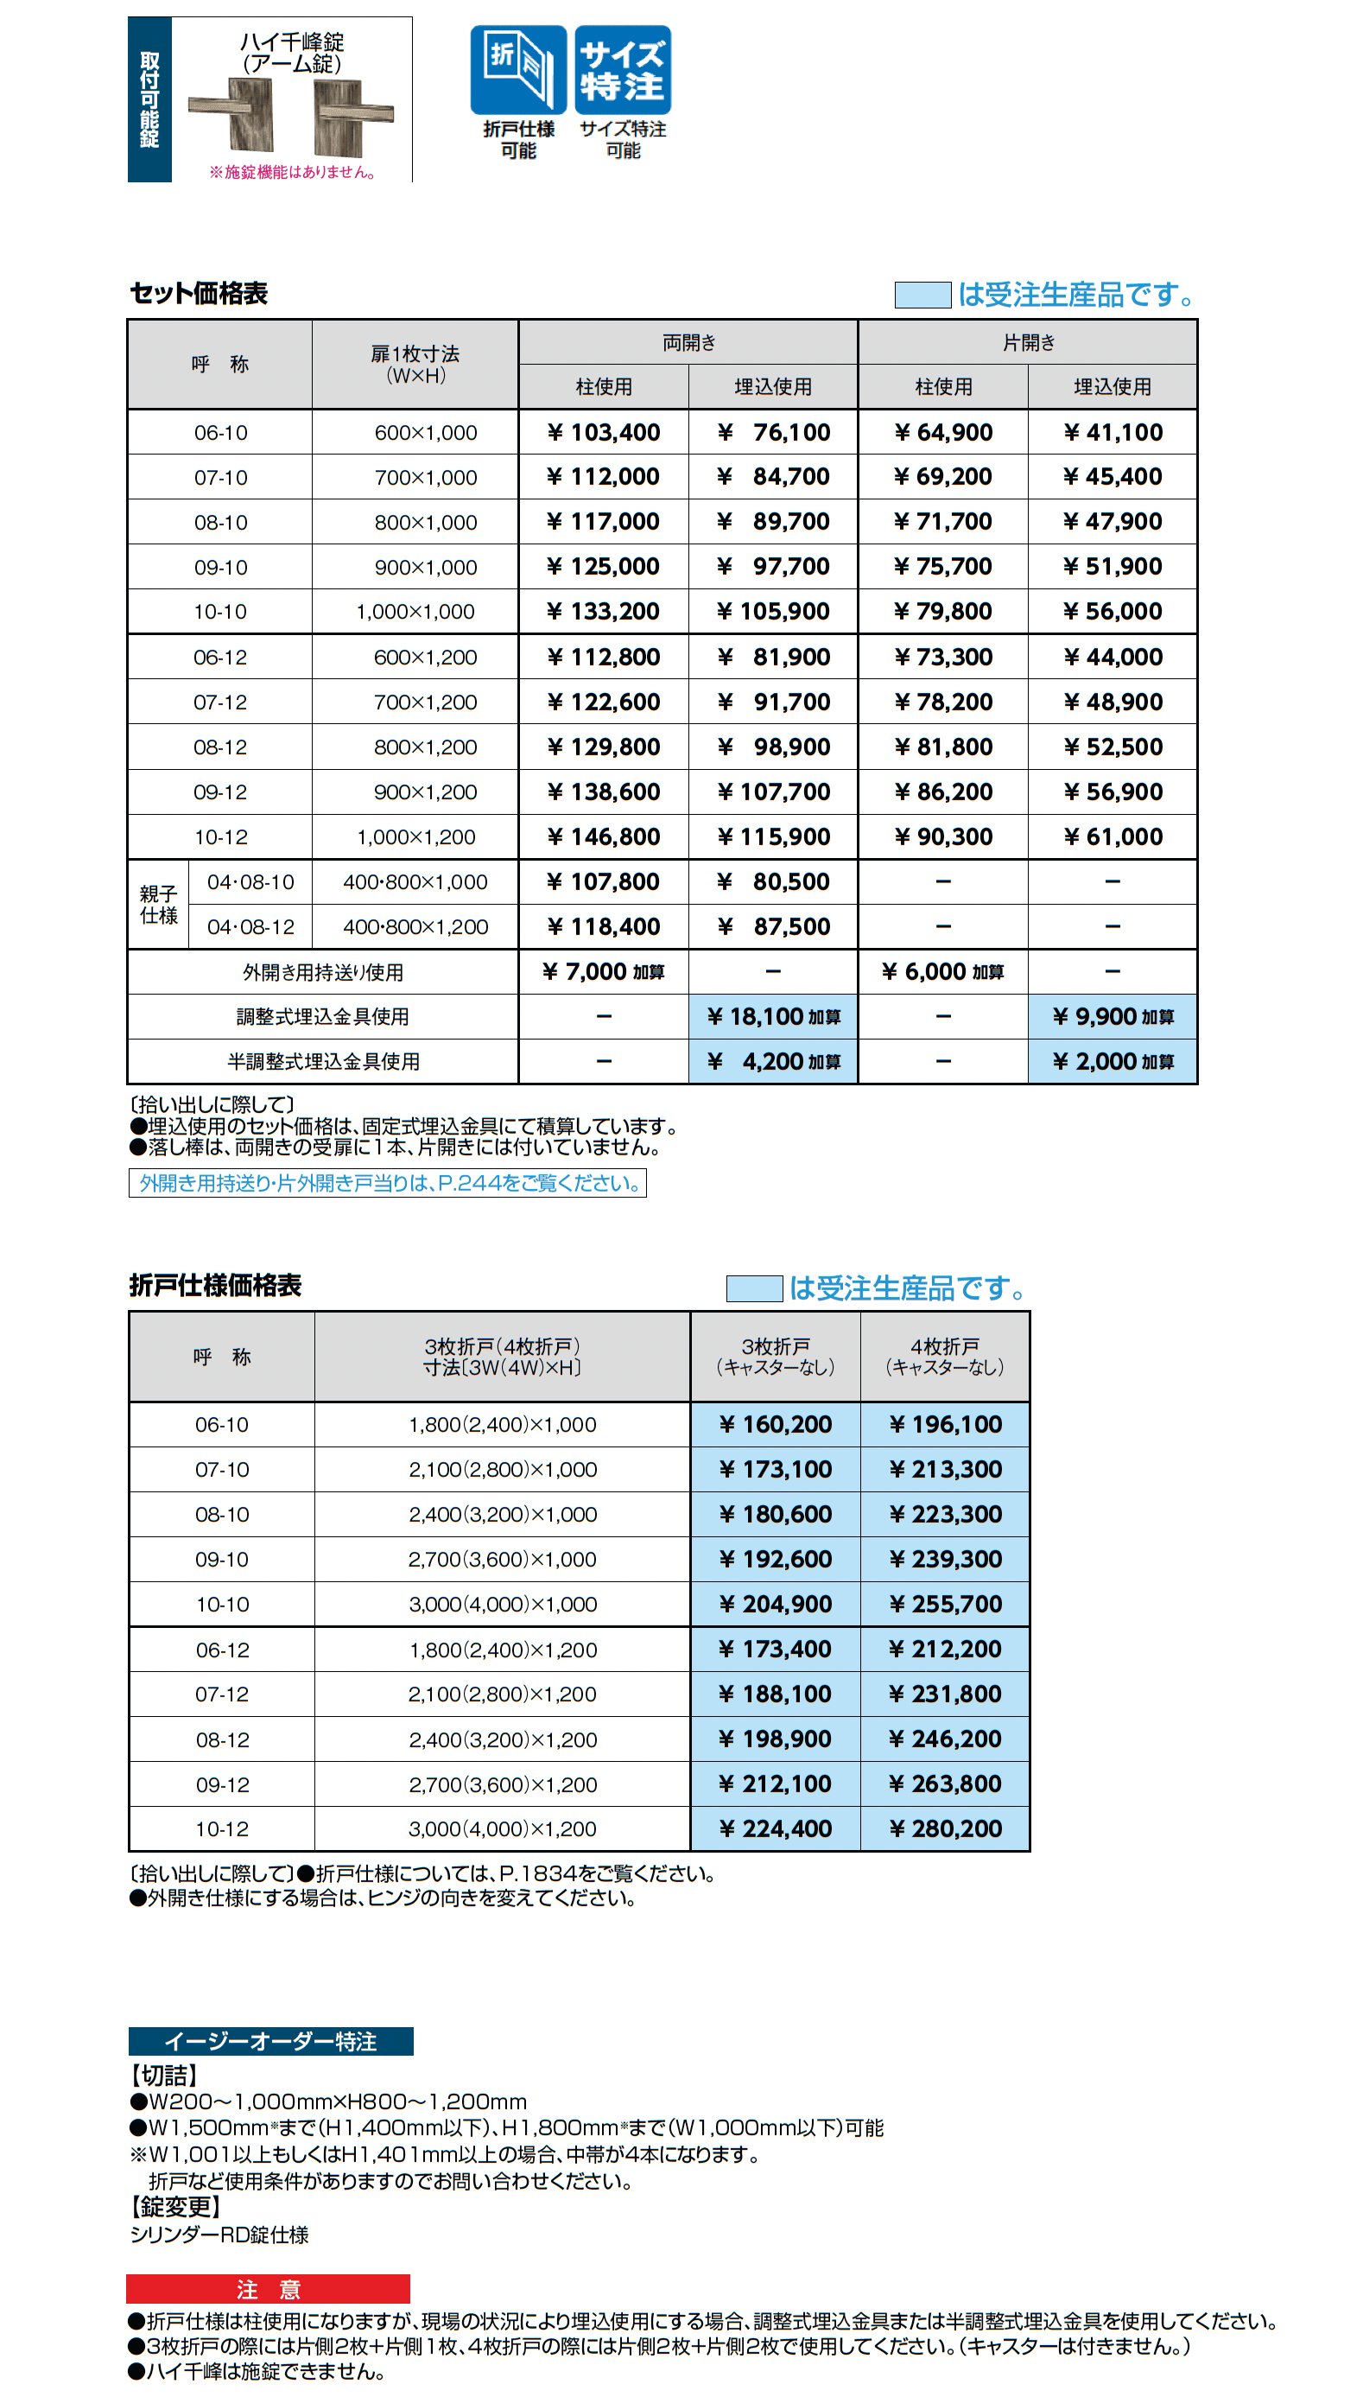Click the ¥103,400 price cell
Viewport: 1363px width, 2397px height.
604,433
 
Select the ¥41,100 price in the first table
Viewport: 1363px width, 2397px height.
1113,433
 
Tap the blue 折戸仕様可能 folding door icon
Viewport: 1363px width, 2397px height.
517,70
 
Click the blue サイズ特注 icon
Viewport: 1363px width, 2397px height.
623,70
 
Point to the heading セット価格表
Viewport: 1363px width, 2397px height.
200,294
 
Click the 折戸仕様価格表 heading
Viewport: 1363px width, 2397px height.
215,1286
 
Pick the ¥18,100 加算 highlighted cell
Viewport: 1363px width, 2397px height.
773,1017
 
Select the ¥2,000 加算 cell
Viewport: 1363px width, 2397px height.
1113,1062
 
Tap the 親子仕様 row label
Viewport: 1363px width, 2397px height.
158,905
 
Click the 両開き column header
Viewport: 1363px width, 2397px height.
688,343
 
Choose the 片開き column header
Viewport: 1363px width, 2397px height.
1028,343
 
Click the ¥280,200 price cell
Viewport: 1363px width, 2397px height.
945,1828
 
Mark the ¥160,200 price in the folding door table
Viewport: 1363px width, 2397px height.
775,1424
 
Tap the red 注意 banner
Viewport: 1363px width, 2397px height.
268,2289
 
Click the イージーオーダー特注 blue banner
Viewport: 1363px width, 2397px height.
270,2041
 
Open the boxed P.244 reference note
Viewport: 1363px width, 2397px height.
388,1184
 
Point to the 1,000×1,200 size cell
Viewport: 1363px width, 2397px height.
415,837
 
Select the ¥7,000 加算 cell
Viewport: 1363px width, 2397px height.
604,972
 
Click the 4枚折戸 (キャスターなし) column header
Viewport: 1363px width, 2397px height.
945,1357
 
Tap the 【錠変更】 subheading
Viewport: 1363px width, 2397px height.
176,2207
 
